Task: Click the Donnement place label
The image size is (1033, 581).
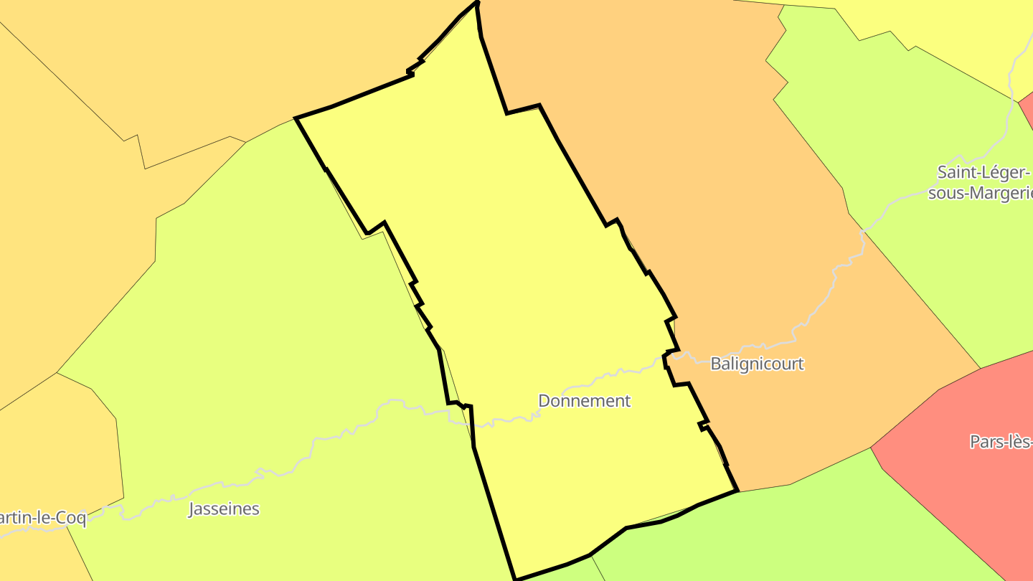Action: click(x=584, y=401)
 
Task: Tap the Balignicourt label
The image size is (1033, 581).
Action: click(x=757, y=364)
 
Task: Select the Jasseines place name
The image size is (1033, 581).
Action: click(x=223, y=509)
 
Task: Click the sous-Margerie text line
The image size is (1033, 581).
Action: click(x=981, y=193)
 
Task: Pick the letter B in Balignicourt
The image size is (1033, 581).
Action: click(x=715, y=364)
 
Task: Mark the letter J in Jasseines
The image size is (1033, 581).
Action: click(x=192, y=509)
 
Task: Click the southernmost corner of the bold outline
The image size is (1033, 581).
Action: click(x=516, y=579)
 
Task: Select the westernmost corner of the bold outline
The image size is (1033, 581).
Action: click(x=296, y=118)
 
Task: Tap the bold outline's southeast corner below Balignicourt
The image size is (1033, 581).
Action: click(x=737, y=491)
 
